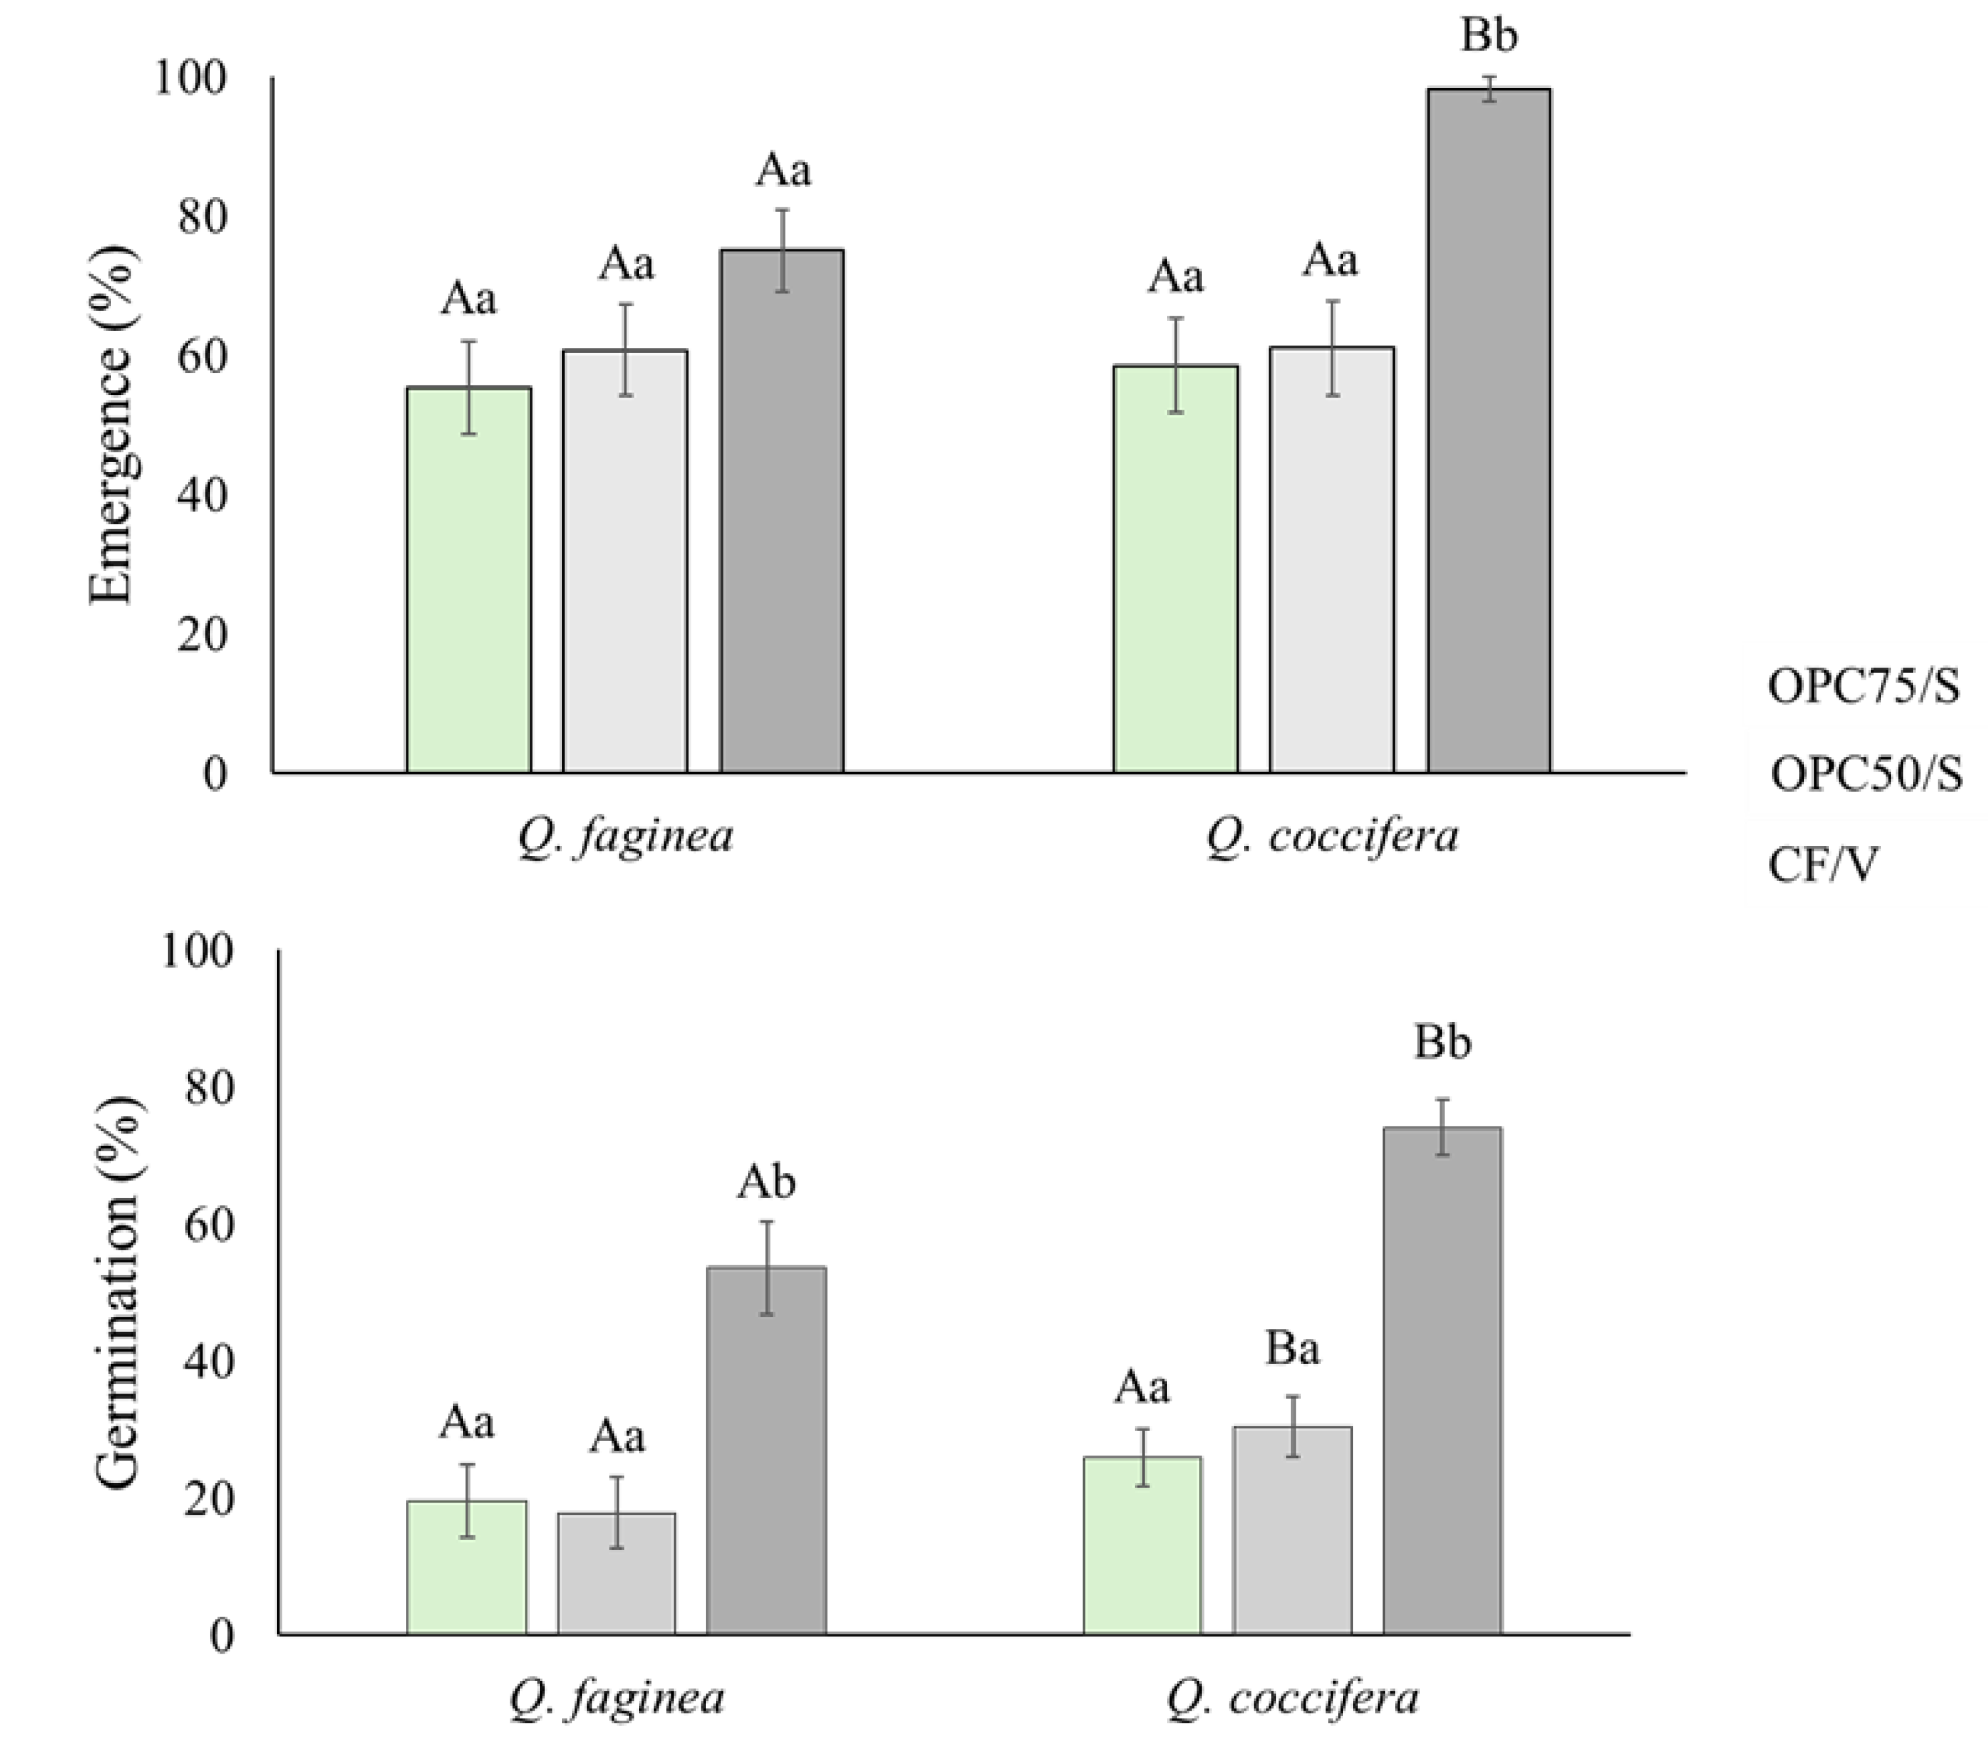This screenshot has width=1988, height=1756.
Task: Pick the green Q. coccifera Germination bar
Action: [1142, 1546]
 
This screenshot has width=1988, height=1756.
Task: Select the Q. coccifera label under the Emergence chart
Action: [1333, 836]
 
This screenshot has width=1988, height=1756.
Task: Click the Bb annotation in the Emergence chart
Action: [1488, 36]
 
